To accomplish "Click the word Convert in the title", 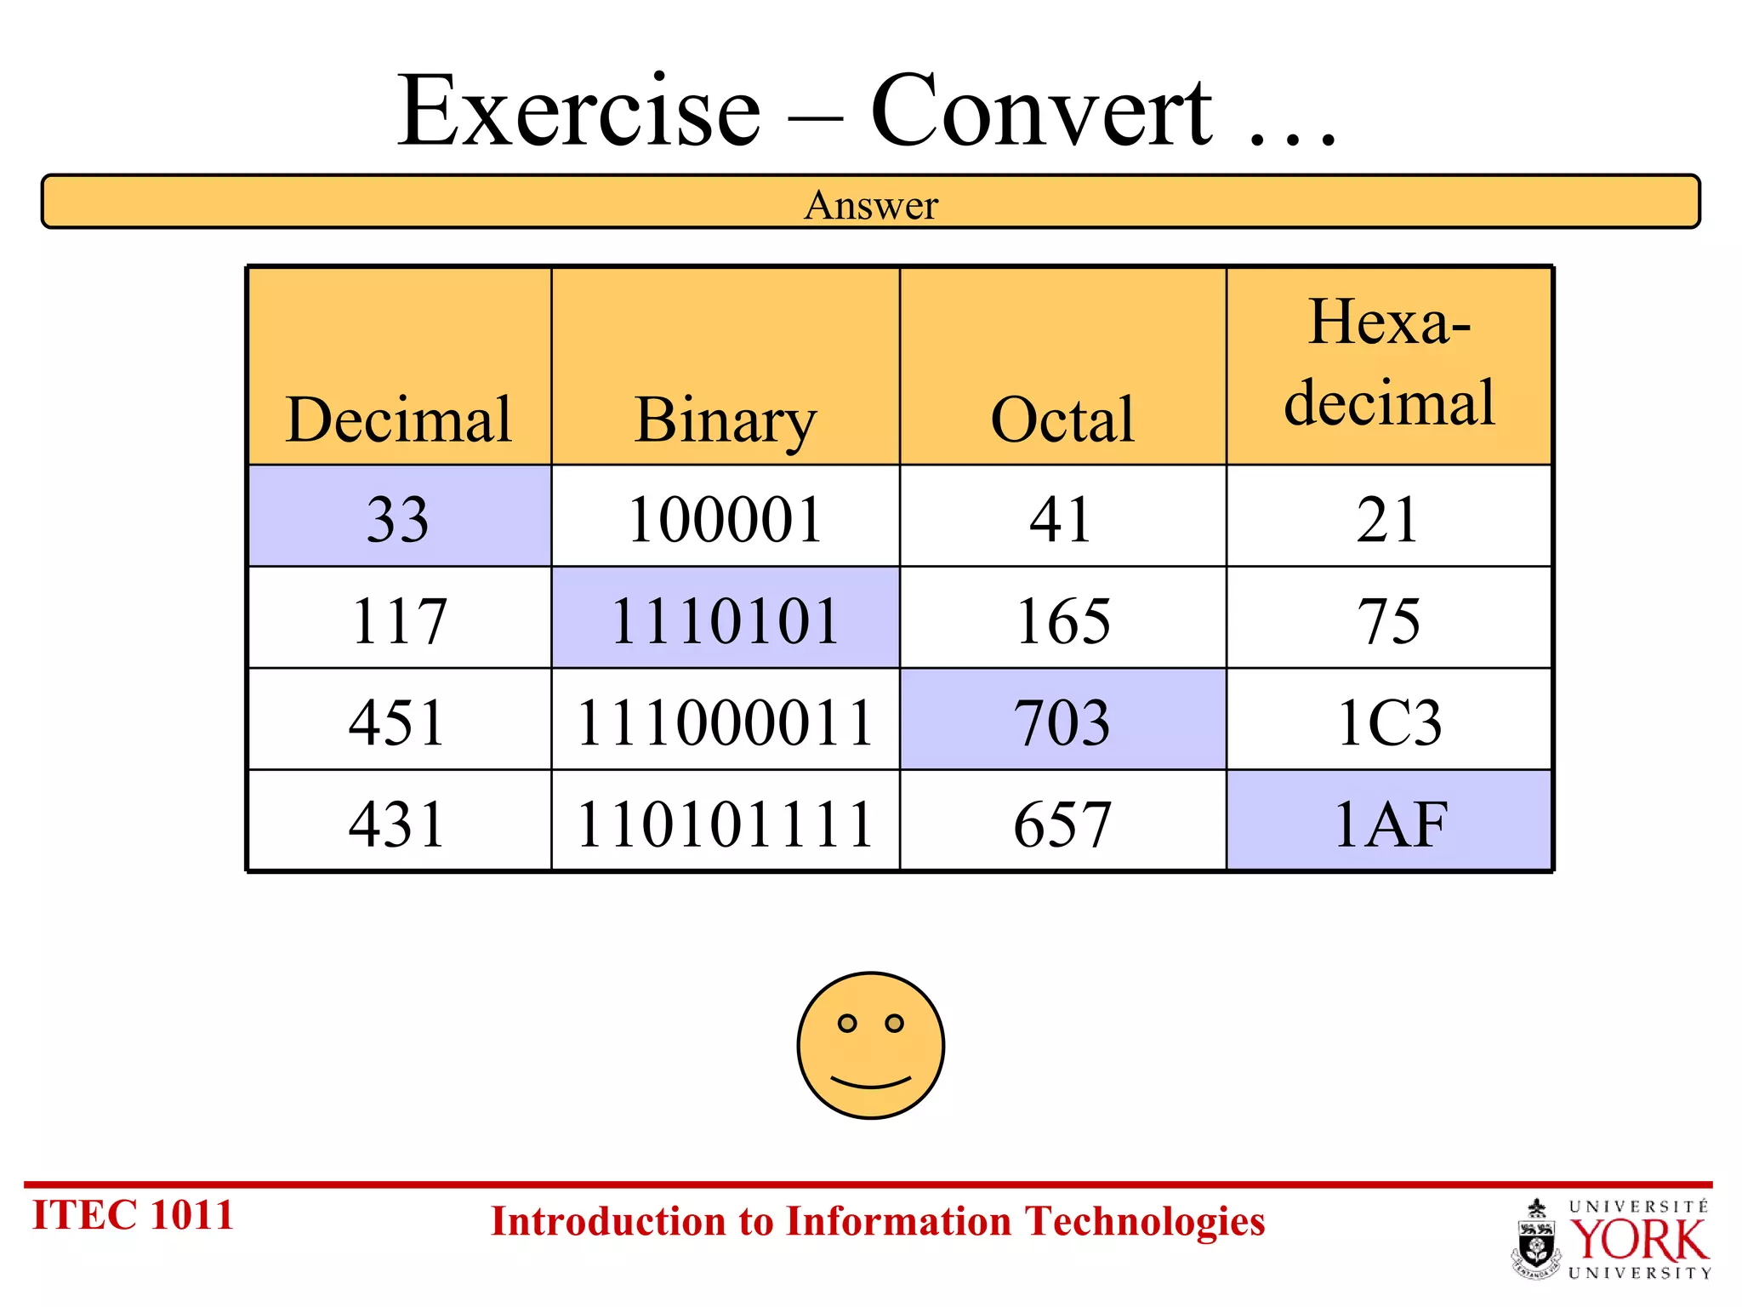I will (x=1041, y=111).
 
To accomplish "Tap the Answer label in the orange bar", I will (x=871, y=205).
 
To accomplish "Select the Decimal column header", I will (x=398, y=419).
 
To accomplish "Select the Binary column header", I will (x=725, y=419).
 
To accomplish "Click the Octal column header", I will (x=1062, y=419).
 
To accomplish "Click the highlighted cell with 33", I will (x=398, y=518).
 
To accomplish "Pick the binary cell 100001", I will (x=725, y=518).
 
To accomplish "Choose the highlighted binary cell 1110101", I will (x=725, y=620).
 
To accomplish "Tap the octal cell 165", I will (x=1062, y=620).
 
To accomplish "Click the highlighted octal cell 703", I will (x=1062, y=722).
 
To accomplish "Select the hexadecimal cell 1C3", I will (x=1389, y=722).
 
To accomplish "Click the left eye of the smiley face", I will (x=847, y=1023).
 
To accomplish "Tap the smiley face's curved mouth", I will (x=871, y=1083).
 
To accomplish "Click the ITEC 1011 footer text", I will (x=133, y=1214).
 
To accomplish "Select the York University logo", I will (x=1612, y=1238).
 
